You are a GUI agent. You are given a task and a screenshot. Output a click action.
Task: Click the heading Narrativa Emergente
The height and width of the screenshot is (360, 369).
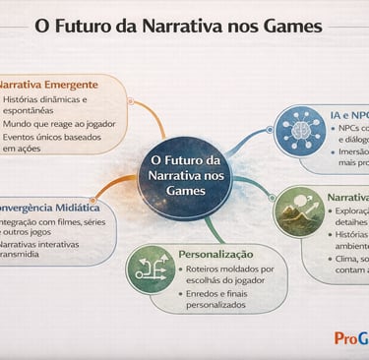(x=49, y=85)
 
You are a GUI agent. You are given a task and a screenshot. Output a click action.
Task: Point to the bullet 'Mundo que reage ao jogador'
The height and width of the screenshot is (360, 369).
(x=59, y=124)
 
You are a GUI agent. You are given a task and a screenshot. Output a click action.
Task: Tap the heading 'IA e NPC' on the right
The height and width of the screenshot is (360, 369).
(x=351, y=113)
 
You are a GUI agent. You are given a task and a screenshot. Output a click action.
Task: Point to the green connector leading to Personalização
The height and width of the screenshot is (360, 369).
(x=212, y=230)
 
